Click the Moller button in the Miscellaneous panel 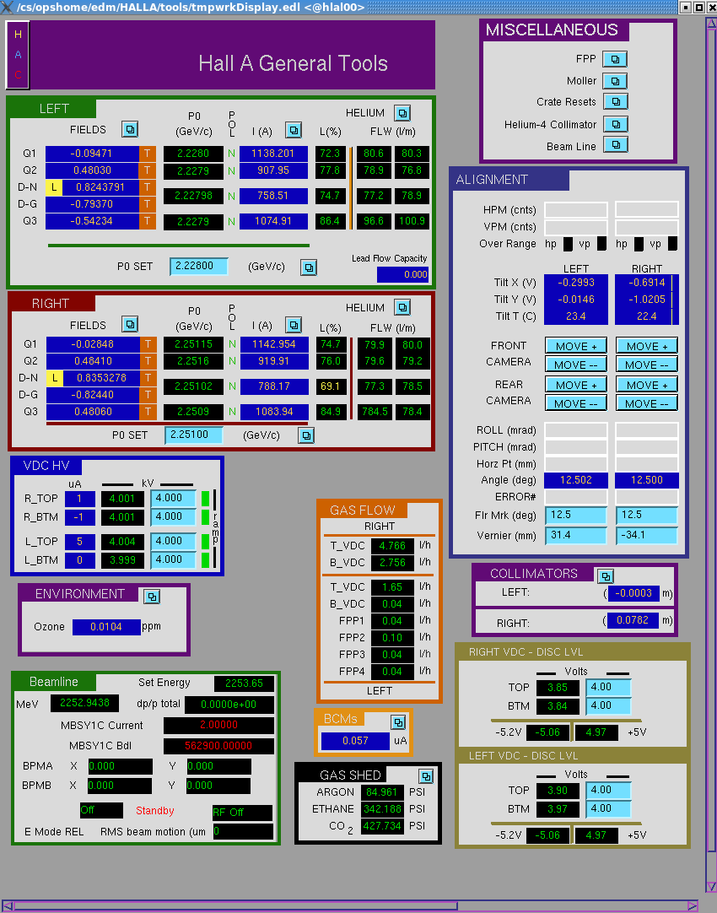tap(615, 81)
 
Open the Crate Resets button tap(615, 102)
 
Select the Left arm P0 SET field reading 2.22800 tap(198, 266)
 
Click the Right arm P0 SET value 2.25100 tap(194, 435)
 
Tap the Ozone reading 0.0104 tap(106, 627)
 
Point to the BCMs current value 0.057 tap(355, 741)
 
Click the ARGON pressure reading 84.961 tap(382, 792)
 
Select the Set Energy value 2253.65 tap(244, 683)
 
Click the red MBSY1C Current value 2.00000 tap(218, 726)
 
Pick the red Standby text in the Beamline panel tap(155, 811)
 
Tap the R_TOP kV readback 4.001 tap(122, 499)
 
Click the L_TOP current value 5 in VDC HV tap(80, 542)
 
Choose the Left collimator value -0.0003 tap(633, 593)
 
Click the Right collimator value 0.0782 tap(633, 621)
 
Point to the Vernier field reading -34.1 tap(647, 535)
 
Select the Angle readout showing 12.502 tap(575, 480)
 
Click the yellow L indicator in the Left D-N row tap(53, 187)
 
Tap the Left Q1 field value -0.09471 tap(92, 154)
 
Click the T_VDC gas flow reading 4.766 tap(392, 546)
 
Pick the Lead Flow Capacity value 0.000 tap(402, 275)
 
